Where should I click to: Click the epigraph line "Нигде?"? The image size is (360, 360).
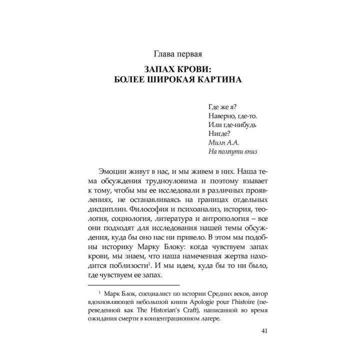217,133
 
